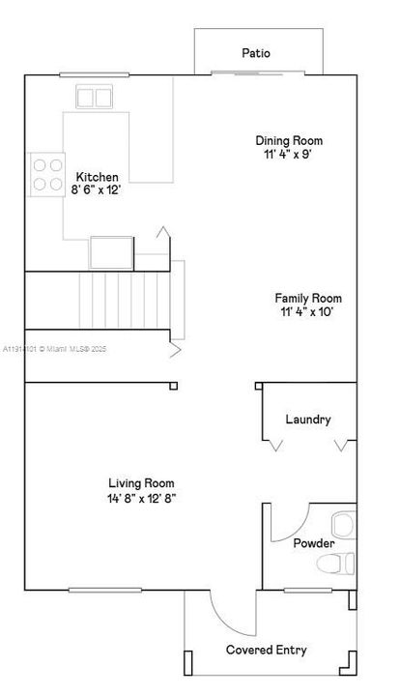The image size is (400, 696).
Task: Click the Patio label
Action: click(x=256, y=54)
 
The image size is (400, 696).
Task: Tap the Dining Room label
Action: click(x=289, y=140)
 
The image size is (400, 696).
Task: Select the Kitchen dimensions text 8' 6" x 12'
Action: click(x=96, y=190)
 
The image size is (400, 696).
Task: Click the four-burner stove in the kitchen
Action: click(x=46, y=174)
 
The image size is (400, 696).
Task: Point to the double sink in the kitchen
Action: click(x=94, y=97)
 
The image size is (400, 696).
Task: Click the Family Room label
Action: click(x=308, y=299)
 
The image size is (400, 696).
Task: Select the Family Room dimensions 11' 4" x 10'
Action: click(x=308, y=312)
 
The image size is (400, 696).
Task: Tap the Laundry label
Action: click(x=308, y=420)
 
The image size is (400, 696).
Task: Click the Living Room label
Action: click(x=141, y=483)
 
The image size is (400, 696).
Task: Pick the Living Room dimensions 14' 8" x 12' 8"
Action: click(x=141, y=498)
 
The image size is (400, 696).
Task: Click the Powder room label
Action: click(x=314, y=543)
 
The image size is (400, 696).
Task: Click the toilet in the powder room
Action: click(x=337, y=563)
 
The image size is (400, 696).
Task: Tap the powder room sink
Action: click(x=342, y=525)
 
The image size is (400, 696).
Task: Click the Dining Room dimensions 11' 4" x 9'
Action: click(x=289, y=154)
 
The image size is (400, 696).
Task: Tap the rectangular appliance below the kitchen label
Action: click(x=112, y=251)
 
